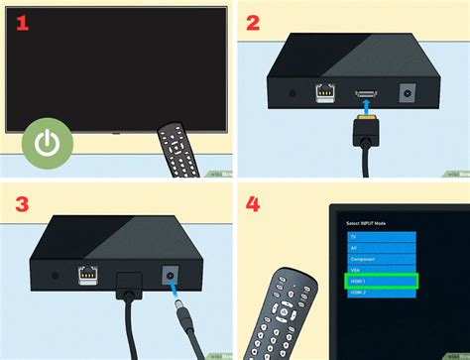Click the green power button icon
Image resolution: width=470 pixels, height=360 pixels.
[x=47, y=142]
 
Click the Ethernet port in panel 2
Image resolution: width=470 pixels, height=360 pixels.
[x=324, y=92]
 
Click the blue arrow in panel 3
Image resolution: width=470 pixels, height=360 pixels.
[x=173, y=292]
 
